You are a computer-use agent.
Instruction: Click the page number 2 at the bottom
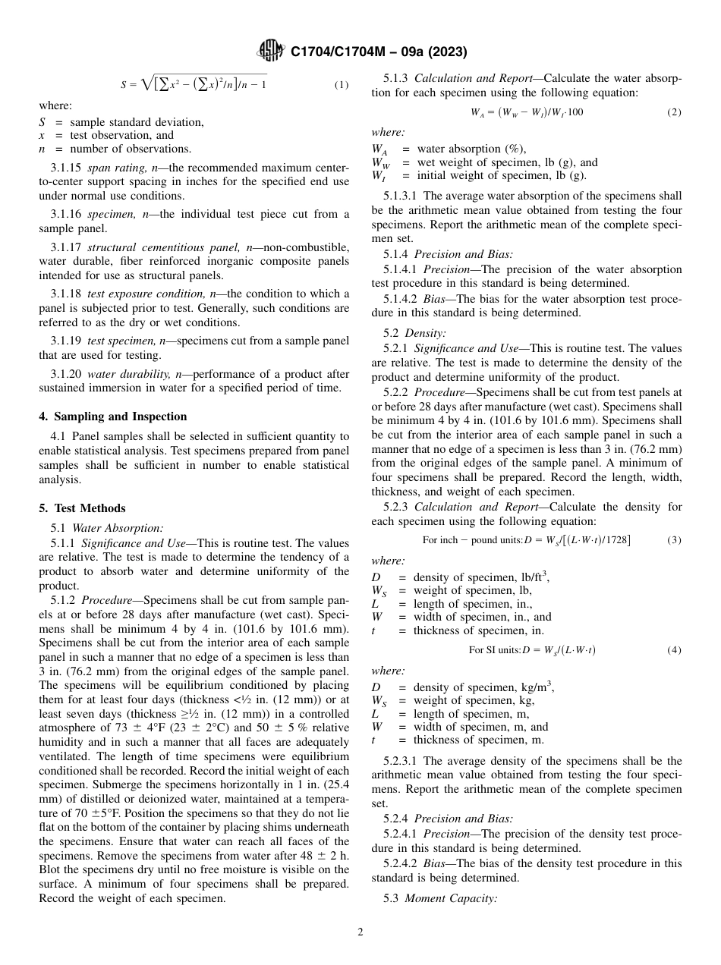[x=360, y=932]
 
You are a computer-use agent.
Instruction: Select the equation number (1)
[x=342, y=85]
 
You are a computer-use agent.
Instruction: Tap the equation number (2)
[x=674, y=112]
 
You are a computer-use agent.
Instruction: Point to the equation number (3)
[x=674, y=540]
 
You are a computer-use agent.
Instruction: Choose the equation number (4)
[x=674, y=650]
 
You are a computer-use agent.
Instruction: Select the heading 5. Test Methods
[x=82, y=508]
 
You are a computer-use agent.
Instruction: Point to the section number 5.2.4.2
[x=403, y=864]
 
